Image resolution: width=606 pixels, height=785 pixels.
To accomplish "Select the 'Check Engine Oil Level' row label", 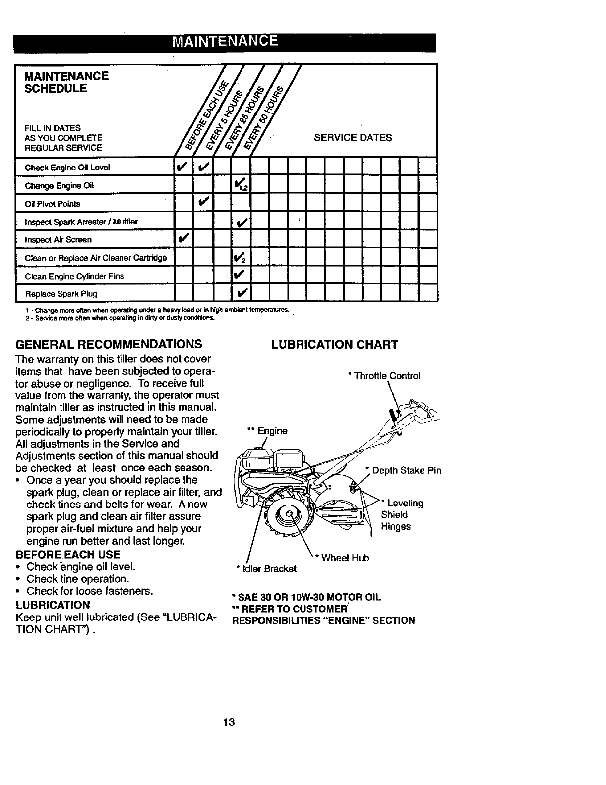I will (67, 168).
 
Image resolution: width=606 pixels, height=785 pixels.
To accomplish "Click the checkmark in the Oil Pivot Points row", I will (203, 203).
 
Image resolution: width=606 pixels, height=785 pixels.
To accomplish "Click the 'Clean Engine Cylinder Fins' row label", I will (74, 276).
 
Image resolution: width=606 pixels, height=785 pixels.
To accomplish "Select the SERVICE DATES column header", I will (353, 138).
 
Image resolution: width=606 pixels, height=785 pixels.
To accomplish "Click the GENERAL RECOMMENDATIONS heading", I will (109, 344).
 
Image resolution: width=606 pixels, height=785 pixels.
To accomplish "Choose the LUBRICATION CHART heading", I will (334, 345).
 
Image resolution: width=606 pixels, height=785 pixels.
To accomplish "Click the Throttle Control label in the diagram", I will (385, 376).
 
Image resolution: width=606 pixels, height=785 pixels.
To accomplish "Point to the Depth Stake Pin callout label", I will (406, 470).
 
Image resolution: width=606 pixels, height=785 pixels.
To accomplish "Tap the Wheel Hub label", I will (345, 558).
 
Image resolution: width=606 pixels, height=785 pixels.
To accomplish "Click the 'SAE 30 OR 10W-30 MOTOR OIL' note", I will (306, 597).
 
